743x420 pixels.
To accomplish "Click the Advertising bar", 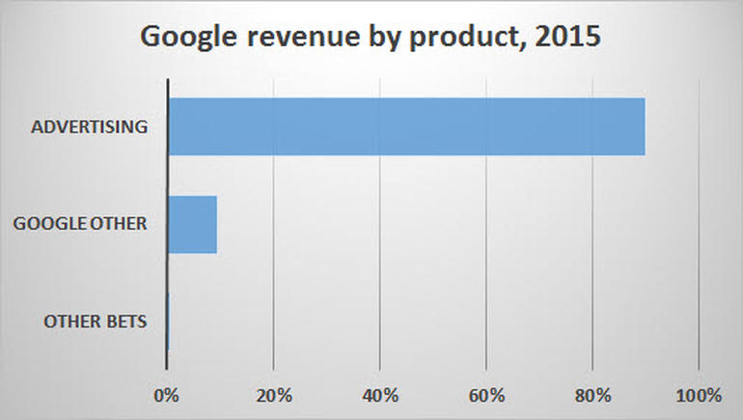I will click(406, 126).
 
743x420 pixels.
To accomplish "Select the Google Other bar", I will click(192, 224).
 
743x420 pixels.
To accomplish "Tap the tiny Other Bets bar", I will click(168, 322).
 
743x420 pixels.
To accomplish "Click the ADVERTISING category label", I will click(89, 126).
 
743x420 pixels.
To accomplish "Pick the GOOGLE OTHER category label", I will click(80, 224).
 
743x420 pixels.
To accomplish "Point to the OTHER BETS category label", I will click(96, 322).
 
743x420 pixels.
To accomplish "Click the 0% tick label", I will click(167, 395).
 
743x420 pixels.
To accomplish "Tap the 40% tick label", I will click(380, 395).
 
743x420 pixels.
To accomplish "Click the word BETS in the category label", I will click(126, 322).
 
